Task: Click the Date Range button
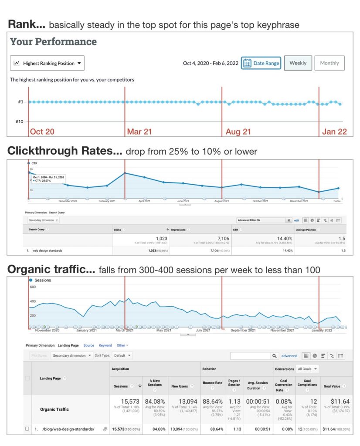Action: (x=261, y=63)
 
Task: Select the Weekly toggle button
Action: (x=298, y=63)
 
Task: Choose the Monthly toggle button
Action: (x=329, y=63)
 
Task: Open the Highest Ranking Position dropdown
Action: (x=47, y=63)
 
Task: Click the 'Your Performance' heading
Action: (x=53, y=42)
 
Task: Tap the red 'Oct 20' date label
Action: (x=42, y=132)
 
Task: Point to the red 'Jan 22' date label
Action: (x=334, y=132)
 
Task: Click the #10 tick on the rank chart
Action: (x=20, y=122)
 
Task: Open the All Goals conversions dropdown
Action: (x=307, y=368)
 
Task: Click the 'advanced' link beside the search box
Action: (x=289, y=356)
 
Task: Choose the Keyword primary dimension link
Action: (x=105, y=345)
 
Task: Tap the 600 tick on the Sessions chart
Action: (x=33, y=287)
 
